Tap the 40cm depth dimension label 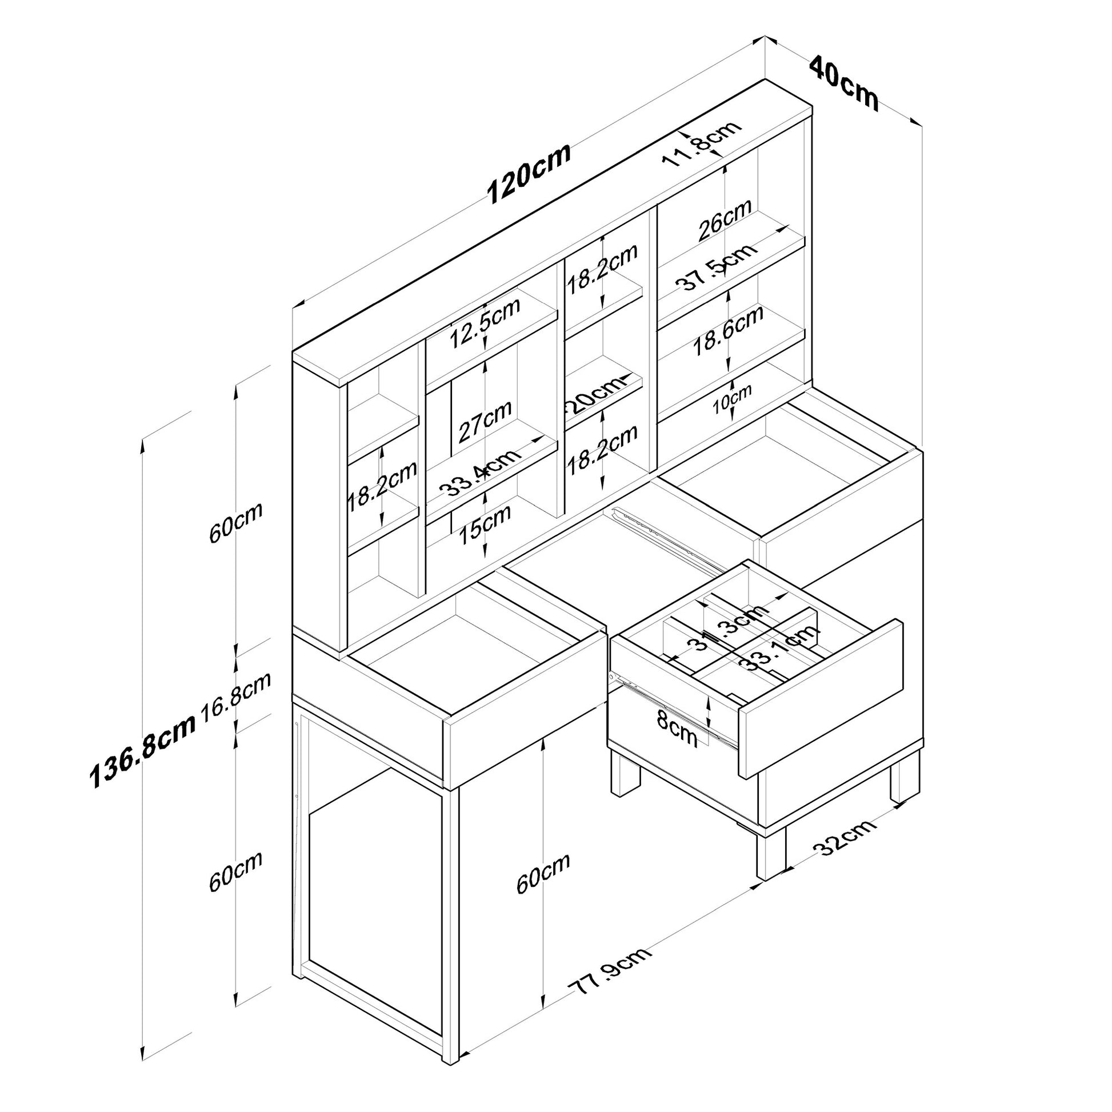(844, 83)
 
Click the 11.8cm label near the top (701, 143)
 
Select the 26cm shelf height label (725, 219)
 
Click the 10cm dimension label (731, 398)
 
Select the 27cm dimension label (485, 421)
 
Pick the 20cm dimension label (598, 394)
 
